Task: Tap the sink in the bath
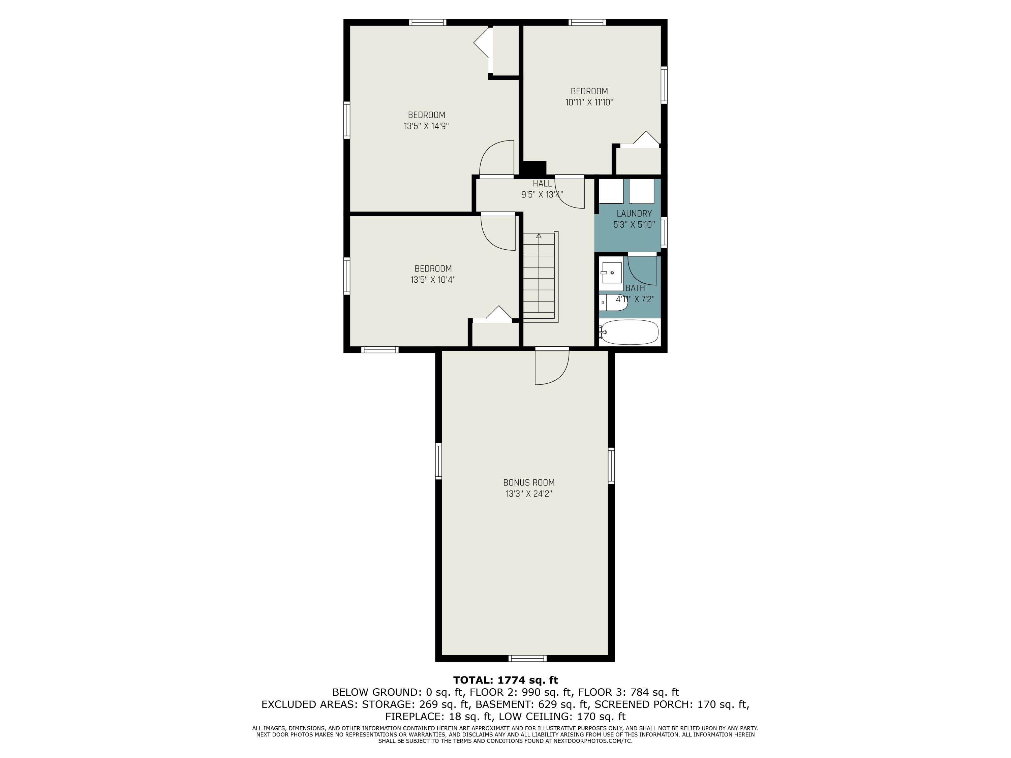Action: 611,273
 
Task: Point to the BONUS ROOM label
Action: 529,482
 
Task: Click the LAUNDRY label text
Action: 634,213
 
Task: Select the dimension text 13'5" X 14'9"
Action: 426,126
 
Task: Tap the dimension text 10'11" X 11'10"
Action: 589,102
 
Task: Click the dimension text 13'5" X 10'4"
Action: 433,280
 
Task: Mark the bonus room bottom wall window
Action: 527,658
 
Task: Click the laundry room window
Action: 664,232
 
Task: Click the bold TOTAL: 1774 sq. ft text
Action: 506,680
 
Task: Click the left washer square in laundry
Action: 611,191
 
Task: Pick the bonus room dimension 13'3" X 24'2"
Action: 529,494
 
